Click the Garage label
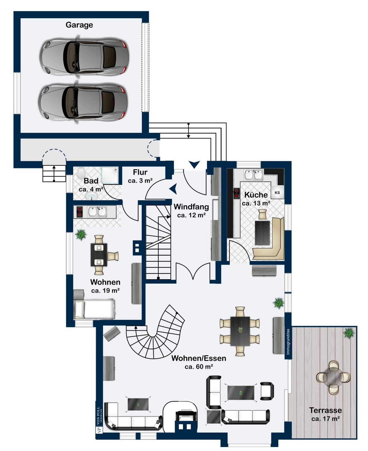point(79,25)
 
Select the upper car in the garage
point(84,56)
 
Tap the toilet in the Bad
point(81,173)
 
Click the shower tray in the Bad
point(110,175)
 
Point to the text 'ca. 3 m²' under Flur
point(140,181)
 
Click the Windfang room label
point(191,207)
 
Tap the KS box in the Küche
point(277,193)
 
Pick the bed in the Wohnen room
point(95,309)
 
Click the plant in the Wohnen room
point(81,235)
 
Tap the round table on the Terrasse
point(333,377)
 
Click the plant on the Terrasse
point(349,333)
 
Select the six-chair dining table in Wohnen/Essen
point(240,331)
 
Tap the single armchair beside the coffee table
point(267,391)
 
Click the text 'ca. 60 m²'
point(199,367)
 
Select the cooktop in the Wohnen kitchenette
point(79,212)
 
